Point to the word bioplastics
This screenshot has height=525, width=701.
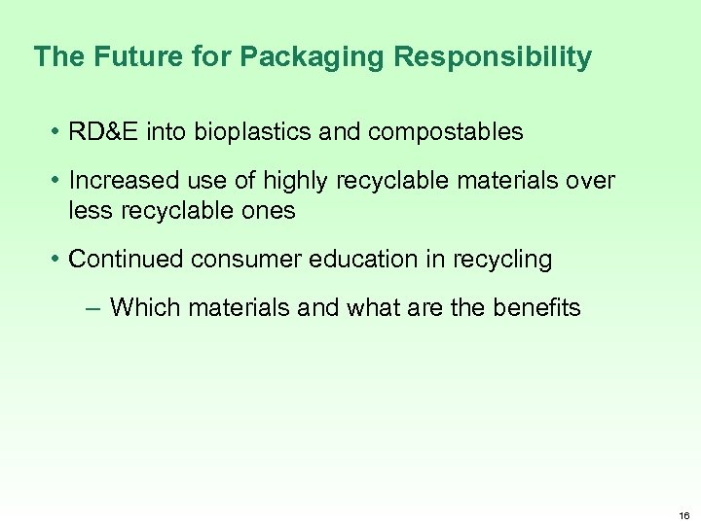[x=248, y=132]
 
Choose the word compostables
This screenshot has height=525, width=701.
[x=447, y=132]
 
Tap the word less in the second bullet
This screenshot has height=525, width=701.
[x=89, y=210]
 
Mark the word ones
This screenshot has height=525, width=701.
[x=267, y=210]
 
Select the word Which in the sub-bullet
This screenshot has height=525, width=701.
[x=145, y=308]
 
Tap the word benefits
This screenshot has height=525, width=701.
[x=535, y=308]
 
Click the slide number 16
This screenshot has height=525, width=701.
[x=684, y=516]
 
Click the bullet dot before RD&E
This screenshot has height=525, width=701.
[x=56, y=132]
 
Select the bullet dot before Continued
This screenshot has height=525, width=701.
[x=56, y=260]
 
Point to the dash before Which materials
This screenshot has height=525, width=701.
[x=92, y=309]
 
